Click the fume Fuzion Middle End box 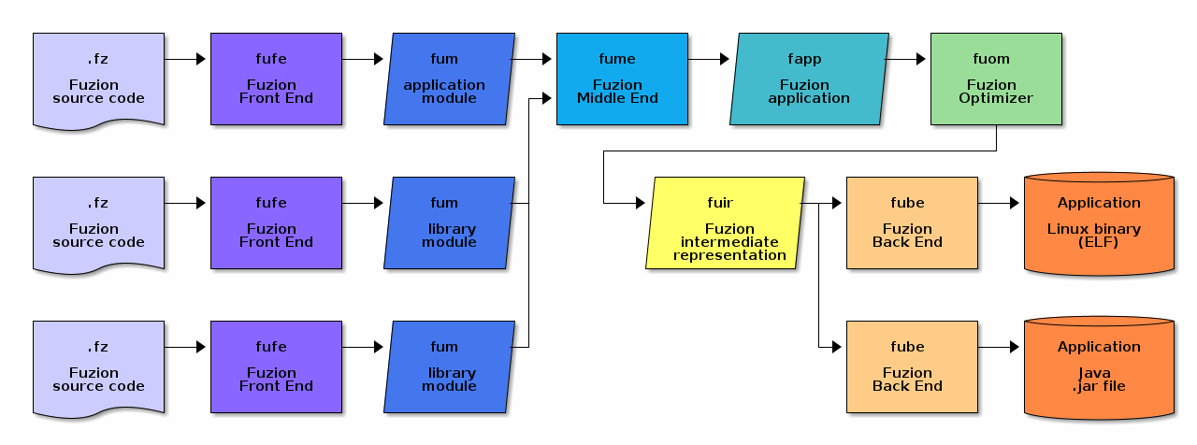click(617, 79)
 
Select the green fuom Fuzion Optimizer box click(996, 79)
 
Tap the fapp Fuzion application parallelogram click(809, 79)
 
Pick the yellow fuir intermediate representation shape click(725, 223)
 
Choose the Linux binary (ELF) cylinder click(1099, 223)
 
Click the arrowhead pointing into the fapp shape click(724, 59)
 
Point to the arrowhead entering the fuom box click(920, 59)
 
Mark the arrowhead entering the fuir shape click(640, 203)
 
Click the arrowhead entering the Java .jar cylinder click(1014, 347)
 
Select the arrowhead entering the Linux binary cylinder click(1014, 203)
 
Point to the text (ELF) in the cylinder click(1099, 242)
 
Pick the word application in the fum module click(444, 85)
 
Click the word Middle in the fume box click(598, 98)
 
